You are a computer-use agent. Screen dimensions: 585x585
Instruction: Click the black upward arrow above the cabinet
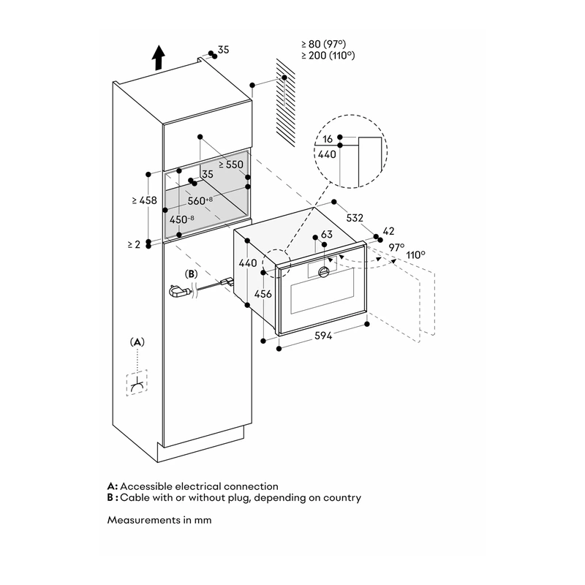pos(159,57)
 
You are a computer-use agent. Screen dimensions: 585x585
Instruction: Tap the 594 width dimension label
pos(323,336)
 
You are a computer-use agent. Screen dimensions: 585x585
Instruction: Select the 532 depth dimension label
pos(355,218)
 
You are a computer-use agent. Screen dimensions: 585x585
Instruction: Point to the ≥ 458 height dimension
pos(144,200)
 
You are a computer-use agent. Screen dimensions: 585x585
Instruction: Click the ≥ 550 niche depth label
pos(231,165)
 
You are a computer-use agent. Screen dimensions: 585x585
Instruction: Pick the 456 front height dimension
pos(263,294)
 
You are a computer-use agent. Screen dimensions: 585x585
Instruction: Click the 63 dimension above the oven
pos(326,234)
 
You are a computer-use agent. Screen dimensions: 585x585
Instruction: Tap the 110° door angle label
pos(415,255)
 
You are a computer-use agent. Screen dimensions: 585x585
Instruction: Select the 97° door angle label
pos(396,247)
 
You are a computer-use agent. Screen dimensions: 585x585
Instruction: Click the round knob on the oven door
pos(323,272)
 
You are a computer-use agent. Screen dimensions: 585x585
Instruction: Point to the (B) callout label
pos(191,274)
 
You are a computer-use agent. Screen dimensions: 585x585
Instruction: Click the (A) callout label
pos(137,342)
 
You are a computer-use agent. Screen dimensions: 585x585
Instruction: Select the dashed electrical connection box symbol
pos(137,382)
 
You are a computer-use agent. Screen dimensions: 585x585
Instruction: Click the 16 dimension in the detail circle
pos(328,139)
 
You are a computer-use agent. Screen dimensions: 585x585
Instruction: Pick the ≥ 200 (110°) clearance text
pos(328,56)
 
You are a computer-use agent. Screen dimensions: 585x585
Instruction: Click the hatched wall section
pos(286,102)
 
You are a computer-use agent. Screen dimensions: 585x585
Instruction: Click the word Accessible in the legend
pos(146,486)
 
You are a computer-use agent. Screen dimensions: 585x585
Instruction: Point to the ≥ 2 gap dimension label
pos(134,244)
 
